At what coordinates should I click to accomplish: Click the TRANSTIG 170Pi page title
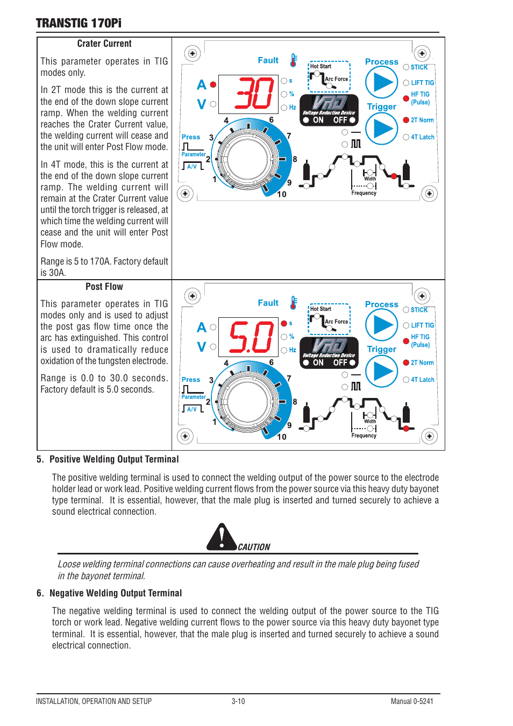pos(79,23)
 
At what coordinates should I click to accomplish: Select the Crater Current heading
pos(104,44)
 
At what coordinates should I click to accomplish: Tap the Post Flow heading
pos(104,287)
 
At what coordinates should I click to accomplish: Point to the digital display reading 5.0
pos(251,337)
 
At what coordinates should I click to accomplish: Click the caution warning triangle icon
pos(221,537)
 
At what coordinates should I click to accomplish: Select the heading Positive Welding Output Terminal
pos(113,459)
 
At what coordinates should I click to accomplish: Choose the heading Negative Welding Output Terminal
pos(115,593)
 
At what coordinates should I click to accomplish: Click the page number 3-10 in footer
pos(238,701)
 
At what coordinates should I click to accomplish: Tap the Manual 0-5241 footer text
pos(411,701)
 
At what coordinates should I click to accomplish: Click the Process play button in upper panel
pos(381,83)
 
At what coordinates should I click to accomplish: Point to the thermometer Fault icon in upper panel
pos(294,60)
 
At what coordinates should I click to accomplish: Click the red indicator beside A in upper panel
pos(213,84)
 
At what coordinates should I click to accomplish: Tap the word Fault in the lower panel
pos(268,303)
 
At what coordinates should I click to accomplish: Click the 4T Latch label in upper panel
pos(422,137)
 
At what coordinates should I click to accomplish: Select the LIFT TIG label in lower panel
pos(422,325)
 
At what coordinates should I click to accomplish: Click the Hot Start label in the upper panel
pos(320,67)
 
